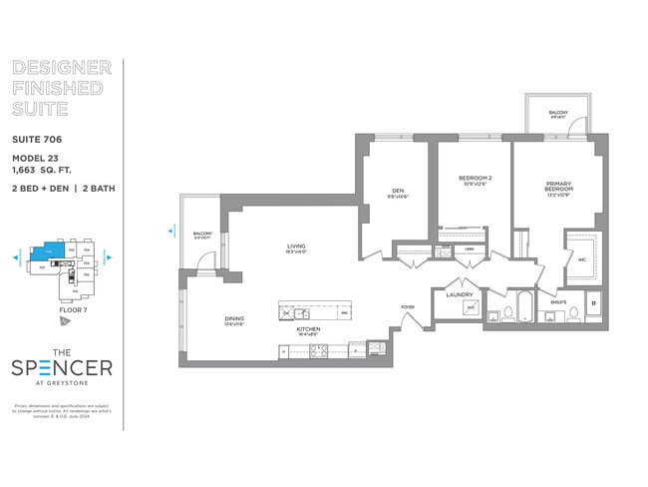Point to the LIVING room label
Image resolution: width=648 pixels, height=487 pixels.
[296, 245]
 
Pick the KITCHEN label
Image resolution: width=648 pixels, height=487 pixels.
[310, 328]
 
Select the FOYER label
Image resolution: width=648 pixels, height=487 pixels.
[408, 306]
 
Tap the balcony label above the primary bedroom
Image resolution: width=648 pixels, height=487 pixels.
[557, 113]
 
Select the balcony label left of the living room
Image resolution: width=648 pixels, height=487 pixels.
[202, 235]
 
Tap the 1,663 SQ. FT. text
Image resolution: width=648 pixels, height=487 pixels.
[45, 171]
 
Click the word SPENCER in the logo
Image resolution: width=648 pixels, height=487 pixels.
[62, 367]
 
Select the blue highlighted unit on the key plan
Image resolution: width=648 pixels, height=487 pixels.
[43, 253]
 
